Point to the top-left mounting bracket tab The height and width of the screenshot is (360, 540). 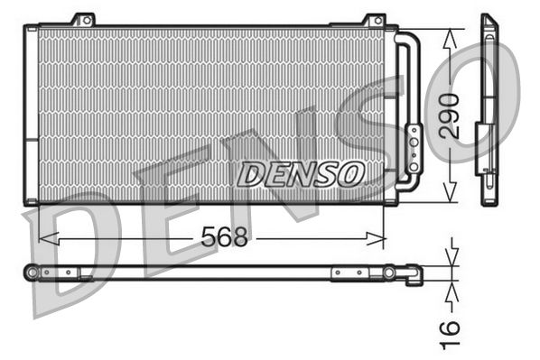pos(83,19)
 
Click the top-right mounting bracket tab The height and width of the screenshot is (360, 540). pos(374,19)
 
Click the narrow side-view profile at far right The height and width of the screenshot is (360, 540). pos(489,108)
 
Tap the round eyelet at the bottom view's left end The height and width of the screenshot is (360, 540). pos(33,272)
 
